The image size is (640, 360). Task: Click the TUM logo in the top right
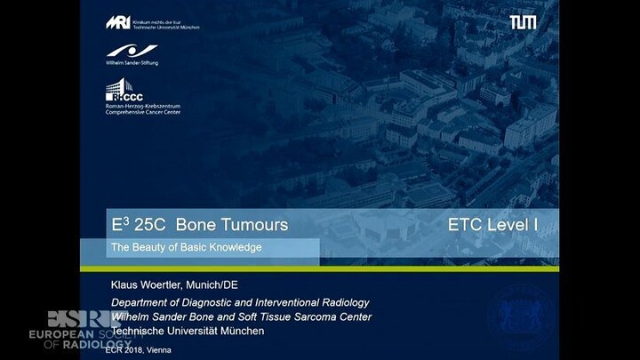[523, 21]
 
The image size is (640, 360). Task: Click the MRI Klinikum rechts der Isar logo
[152, 22]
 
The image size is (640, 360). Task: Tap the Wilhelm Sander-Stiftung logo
[132, 55]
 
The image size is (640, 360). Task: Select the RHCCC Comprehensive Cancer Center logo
[142, 98]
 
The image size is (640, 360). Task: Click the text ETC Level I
[493, 226]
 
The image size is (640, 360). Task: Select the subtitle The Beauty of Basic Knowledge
[186, 247]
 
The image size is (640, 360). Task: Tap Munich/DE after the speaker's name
[222, 285]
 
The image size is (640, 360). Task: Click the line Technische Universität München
[188, 331]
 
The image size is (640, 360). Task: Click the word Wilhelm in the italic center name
[131, 317]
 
